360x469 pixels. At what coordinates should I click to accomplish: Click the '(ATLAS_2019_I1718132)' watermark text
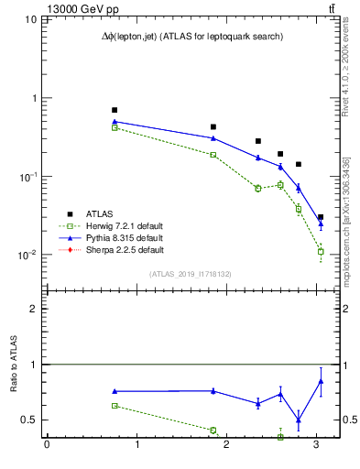coord(191,274)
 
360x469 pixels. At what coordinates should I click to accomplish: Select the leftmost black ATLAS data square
coord(115,110)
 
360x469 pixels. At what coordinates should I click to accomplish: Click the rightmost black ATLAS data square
coord(321,218)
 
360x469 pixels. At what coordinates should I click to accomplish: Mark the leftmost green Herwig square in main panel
coord(115,127)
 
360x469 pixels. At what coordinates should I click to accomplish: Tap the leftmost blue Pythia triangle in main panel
coord(115,121)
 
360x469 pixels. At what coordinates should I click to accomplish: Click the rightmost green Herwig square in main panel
coord(321,251)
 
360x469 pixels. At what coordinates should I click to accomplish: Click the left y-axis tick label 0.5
coord(32,420)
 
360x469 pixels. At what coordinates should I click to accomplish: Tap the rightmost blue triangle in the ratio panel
coord(321,381)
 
